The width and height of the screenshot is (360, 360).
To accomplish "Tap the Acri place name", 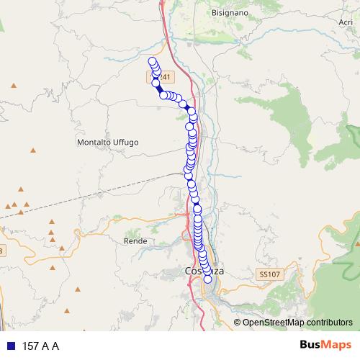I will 346,22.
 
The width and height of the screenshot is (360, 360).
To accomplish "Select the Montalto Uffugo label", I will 107,143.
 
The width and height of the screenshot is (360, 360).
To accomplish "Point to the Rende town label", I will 135,240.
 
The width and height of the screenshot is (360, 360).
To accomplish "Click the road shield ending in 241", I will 161,76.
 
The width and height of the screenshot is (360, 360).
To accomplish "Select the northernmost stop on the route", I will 152,61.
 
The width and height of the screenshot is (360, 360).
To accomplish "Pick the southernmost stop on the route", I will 208,279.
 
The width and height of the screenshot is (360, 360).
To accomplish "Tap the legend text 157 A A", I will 41,346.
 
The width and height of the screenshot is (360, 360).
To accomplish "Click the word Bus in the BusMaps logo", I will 313,346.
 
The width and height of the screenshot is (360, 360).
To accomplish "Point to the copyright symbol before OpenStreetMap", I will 238,323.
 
